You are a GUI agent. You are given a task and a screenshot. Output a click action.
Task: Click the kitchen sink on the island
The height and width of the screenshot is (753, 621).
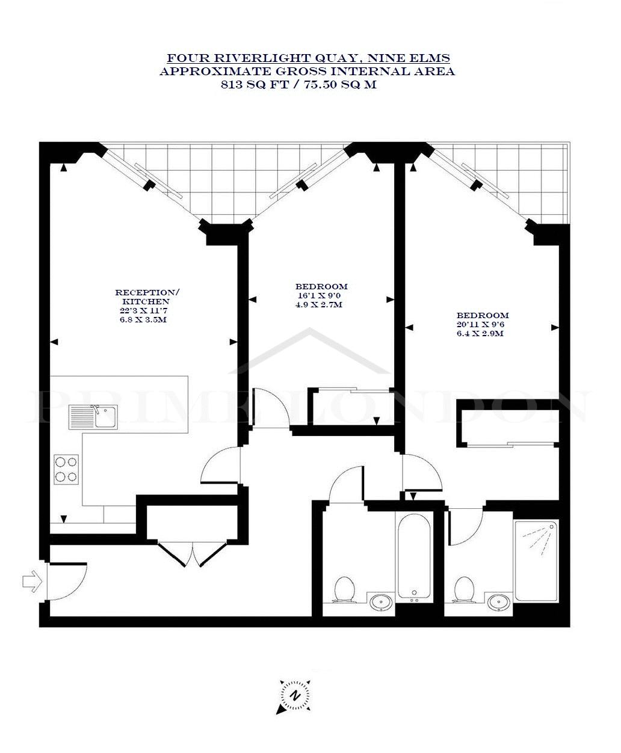tap(93, 417)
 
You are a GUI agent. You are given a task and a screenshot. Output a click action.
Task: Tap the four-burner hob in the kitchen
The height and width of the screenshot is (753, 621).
tap(66, 469)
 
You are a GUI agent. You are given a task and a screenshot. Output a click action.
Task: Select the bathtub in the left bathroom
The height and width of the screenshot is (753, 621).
tap(414, 558)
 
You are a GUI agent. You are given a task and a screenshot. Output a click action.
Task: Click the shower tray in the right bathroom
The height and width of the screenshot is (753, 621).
tap(536, 561)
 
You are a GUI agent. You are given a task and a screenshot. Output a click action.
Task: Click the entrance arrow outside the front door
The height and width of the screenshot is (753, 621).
tap(32, 581)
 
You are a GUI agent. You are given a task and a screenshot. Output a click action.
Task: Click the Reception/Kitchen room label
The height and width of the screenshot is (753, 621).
tap(146, 297)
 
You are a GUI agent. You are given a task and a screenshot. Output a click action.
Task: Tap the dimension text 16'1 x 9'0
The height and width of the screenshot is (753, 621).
tap(318, 295)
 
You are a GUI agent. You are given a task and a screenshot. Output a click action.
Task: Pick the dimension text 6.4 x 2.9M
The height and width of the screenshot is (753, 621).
tap(480, 333)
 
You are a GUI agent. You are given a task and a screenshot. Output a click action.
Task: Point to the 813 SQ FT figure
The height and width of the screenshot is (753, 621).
tap(255, 84)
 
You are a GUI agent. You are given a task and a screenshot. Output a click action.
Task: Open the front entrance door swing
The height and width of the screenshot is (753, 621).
tap(67, 582)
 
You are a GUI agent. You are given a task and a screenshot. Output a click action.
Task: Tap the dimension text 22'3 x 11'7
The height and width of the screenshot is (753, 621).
tap(144, 310)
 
